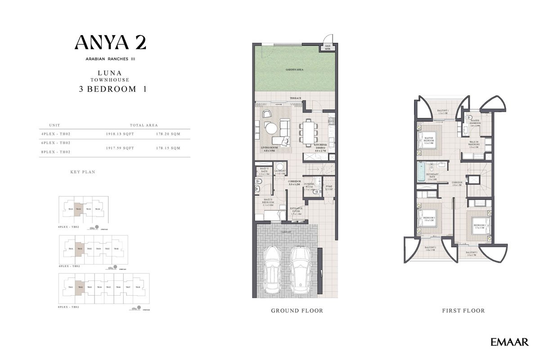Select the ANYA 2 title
point(110,42)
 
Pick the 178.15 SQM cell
point(168,148)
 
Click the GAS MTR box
point(328,48)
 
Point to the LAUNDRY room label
point(281,171)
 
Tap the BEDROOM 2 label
point(479,226)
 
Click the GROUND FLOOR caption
point(297,310)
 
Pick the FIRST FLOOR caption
point(463,310)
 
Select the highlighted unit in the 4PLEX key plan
point(78,209)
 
